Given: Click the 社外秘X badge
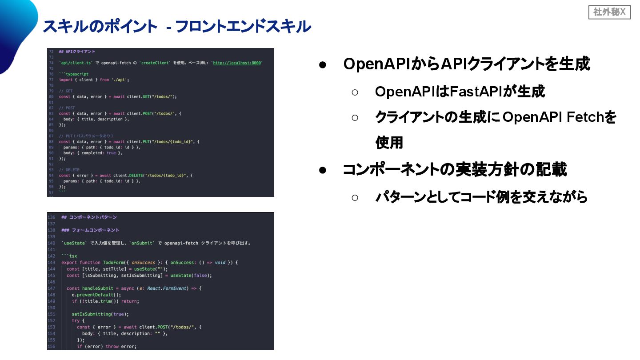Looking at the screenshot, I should point(609,12).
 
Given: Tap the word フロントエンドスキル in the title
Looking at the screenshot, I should point(243,27).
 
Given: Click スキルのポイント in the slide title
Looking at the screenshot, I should point(100,27).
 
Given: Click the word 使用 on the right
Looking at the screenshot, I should point(389,143).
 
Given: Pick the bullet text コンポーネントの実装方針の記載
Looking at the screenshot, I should point(455,170).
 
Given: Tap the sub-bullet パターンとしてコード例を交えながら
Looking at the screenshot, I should point(481,196).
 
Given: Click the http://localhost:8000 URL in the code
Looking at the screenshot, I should point(237,63).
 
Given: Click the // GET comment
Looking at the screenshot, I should point(66,91).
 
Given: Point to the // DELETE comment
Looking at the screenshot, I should point(69,170).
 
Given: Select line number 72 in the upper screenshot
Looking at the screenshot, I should point(52,52).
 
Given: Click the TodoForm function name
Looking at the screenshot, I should point(113,262).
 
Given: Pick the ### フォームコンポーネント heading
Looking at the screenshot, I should point(90,230).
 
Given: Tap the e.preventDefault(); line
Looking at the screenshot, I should point(96,295).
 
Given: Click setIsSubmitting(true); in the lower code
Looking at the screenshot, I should point(100,314).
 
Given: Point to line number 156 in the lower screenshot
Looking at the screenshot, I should point(52,347).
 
